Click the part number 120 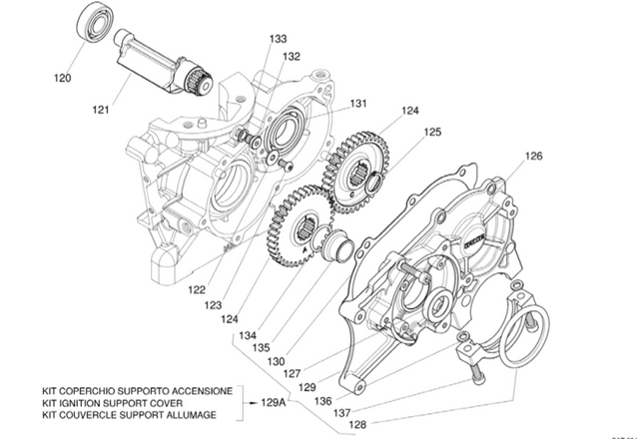[62, 77]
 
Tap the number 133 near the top [278, 39]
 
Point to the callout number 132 [291, 57]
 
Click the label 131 [357, 103]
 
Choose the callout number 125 [432, 131]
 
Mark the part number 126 [533, 156]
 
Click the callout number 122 [197, 289]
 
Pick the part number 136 [323, 400]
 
